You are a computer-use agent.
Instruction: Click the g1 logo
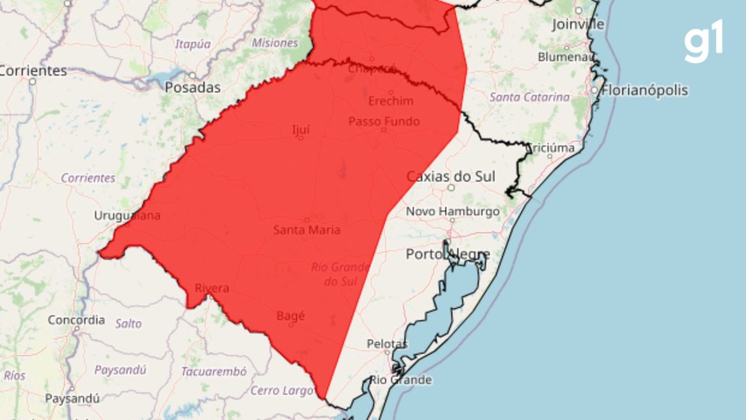[x=704, y=41]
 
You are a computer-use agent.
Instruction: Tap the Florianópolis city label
[x=646, y=90]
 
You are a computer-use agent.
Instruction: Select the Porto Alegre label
[x=448, y=255]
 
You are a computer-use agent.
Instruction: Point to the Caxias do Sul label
[x=451, y=176]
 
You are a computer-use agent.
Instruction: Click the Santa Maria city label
[x=307, y=230]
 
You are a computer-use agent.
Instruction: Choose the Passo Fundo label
[x=384, y=121]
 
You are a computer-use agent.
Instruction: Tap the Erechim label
[x=391, y=101]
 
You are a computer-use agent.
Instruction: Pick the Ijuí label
[x=301, y=130]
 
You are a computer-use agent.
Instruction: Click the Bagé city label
[x=291, y=315]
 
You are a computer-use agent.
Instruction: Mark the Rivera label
[x=212, y=289]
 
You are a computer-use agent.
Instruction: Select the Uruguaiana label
[x=128, y=216]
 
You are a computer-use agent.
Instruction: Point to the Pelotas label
[x=387, y=344]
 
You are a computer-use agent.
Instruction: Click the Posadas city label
[x=193, y=87]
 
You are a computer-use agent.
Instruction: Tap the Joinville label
[x=578, y=24]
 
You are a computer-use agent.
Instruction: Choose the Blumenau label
[x=566, y=56]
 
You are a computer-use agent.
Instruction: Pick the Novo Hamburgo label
[x=453, y=211]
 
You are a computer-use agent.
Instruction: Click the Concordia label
[x=76, y=320]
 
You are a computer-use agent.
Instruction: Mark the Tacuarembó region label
[x=214, y=371]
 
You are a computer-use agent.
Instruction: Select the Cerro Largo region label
[x=275, y=390]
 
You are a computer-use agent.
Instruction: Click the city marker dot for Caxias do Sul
[x=451, y=188]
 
